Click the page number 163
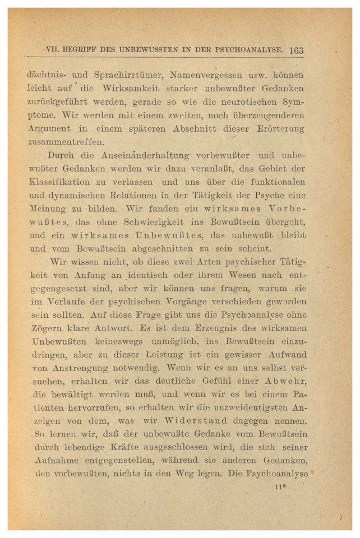pos(297,50)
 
